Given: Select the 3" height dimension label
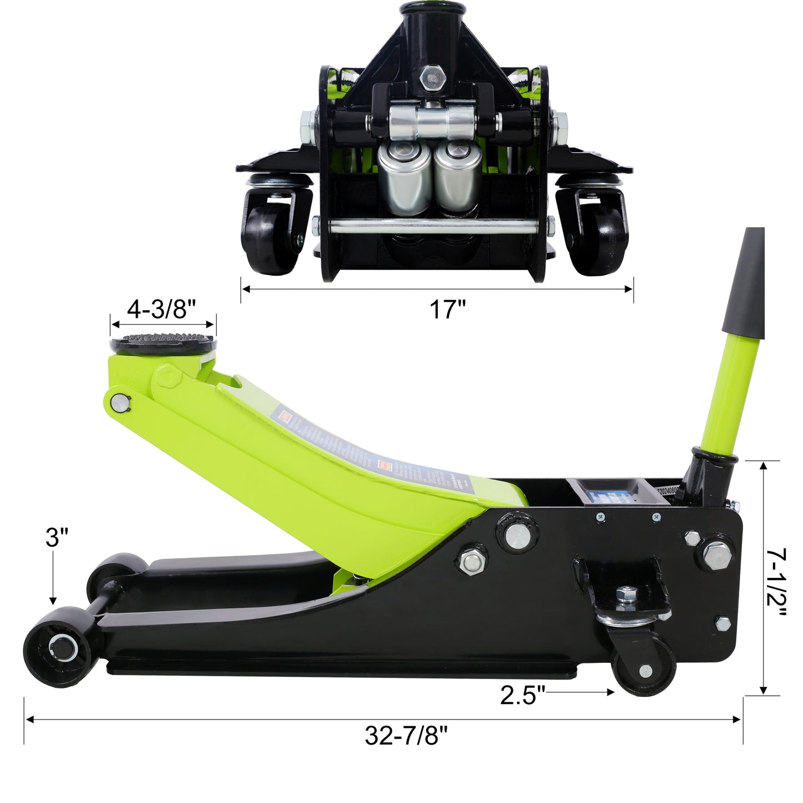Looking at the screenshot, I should point(57,538).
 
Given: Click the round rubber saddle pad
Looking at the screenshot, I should point(164,342).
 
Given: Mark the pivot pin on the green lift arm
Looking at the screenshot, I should point(119,402).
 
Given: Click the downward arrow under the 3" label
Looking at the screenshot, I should point(53,578).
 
